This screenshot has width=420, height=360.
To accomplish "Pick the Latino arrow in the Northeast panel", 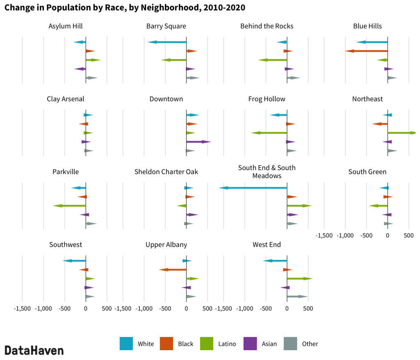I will pyautogui.click(x=402, y=133).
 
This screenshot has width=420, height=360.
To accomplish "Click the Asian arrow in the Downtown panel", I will pyautogui.click(x=199, y=142).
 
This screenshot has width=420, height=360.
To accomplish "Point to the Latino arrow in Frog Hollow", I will pyautogui.click(x=269, y=133).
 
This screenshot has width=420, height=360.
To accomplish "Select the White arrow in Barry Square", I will pyautogui.click(x=167, y=42).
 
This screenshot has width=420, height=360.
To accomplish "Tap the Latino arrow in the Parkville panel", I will pyautogui.click(x=69, y=205).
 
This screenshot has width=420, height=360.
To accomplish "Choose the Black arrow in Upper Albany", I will pyautogui.click(x=173, y=269).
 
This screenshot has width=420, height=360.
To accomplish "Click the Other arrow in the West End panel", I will pyautogui.click(x=297, y=296).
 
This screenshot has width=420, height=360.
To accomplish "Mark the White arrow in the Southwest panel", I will pyautogui.click(x=74, y=261).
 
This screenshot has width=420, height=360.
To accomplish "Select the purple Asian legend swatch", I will pyautogui.click(x=250, y=344).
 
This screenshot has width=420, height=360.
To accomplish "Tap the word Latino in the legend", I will pyautogui.click(x=227, y=344).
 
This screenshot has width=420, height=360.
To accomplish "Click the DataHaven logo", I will pyautogui.click(x=34, y=350).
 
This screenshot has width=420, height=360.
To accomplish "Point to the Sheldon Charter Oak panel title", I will pyautogui.click(x=166, y=172).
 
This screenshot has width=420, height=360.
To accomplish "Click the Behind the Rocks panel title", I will pyautogui.click(x=267, y=26).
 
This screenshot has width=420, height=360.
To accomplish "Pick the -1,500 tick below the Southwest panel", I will pyautogui.click(x=22, y=308).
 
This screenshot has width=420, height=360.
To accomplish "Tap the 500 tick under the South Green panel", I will pyautogui.click(x=409, y=235).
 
